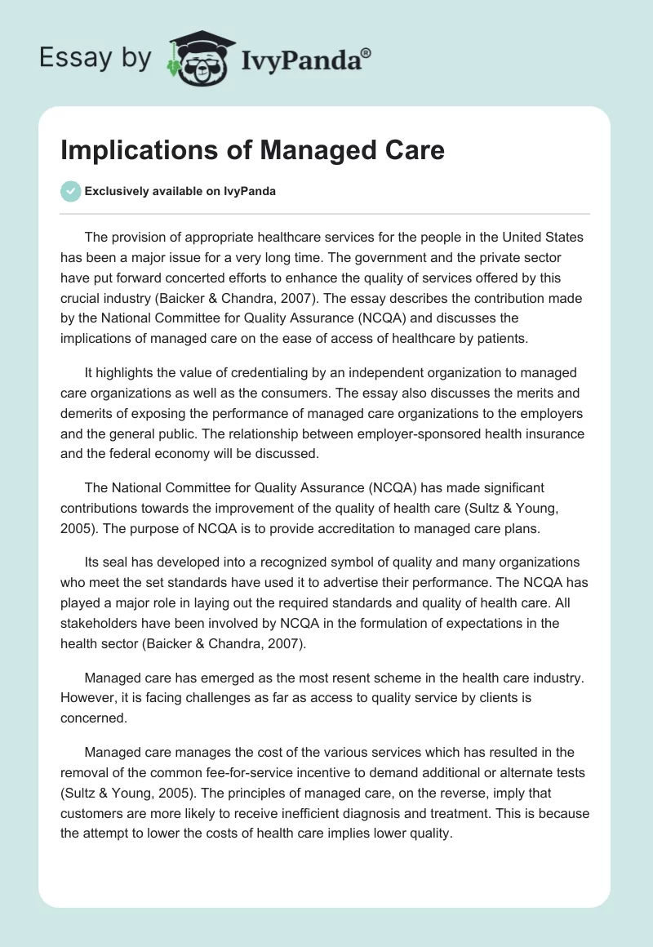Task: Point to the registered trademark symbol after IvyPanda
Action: click(x=366, y=52)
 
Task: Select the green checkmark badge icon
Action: click(x=70, y=191)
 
